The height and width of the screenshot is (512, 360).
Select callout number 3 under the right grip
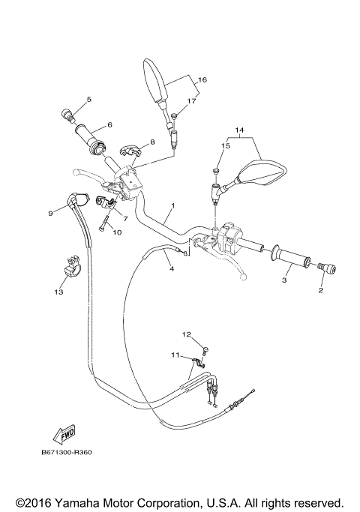(284, 280)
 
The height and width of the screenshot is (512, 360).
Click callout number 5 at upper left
(88, 100)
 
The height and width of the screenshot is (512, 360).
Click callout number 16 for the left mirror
(202, 79)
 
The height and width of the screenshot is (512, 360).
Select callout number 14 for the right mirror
(240, 130)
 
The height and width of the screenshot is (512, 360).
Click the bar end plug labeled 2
(327, 268)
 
